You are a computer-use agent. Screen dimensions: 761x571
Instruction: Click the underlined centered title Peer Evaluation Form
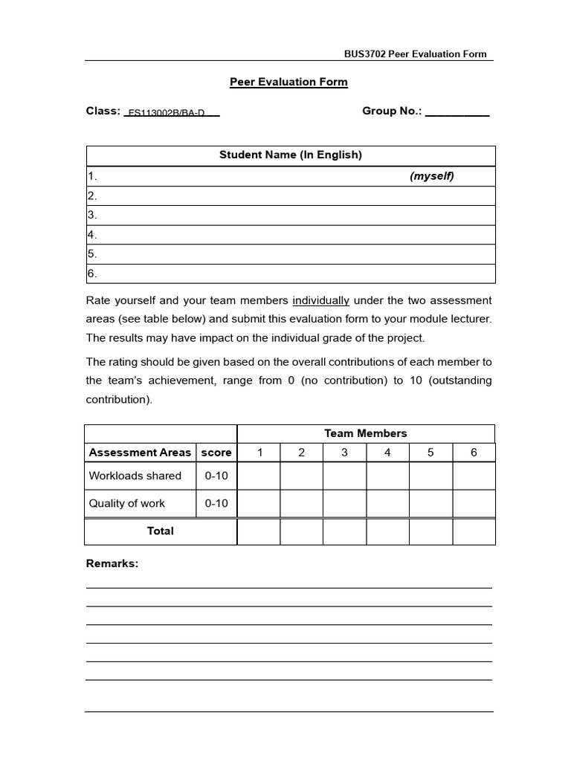point(288,82)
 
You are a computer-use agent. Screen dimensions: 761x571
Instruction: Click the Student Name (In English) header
point(290,155)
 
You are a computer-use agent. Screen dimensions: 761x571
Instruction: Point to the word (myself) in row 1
point(431,176)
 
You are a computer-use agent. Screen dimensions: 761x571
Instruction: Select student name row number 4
point(290,235)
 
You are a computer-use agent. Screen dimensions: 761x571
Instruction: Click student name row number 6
point(290,273)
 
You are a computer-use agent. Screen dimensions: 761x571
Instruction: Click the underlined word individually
point(320,301)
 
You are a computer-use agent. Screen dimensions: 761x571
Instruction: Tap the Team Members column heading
point(365,433)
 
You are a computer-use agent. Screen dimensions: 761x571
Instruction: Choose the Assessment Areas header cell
point(140,453)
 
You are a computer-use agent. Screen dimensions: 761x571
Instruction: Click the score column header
point(216,453)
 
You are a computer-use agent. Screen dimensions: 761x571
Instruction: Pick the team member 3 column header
point(344,453)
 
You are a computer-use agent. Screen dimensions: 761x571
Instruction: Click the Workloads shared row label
point(135,476)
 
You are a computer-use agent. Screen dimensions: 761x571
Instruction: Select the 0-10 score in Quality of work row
point(216,503)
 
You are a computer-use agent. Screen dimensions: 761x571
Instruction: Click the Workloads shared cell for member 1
point(259,476)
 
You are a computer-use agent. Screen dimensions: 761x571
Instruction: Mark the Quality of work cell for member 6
point(474,504)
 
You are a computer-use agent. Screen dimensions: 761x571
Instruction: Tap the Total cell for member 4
point(387,531)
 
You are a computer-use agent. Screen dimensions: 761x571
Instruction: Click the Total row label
point(161,531)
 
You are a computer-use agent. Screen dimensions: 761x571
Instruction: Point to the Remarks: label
point(112,564)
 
